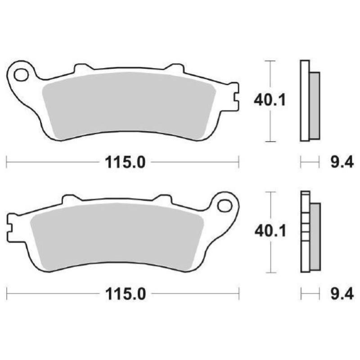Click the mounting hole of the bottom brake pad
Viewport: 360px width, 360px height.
pos(224,205)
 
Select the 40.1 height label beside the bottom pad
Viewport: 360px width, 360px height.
pos(270,232)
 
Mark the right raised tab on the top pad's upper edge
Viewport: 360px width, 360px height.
pos(174,69)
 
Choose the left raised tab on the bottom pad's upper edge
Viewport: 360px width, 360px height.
pos(70,199)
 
